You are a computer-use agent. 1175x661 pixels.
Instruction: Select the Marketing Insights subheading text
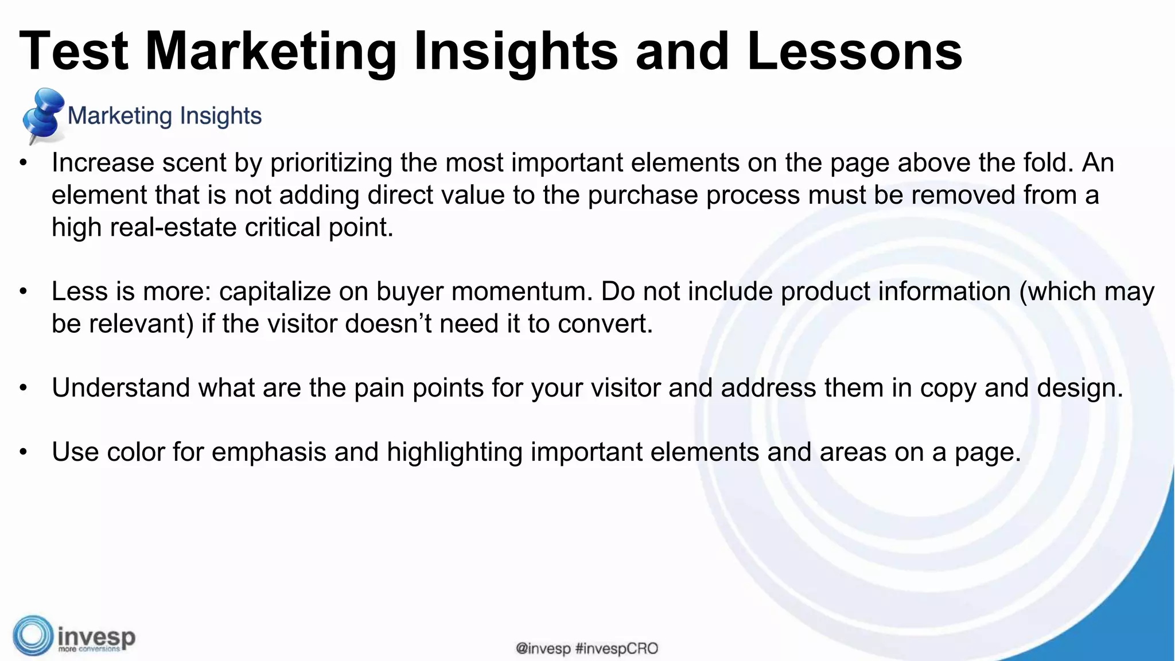(x=165, y=116)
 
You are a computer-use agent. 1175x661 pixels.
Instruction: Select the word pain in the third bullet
(x=379, y=388)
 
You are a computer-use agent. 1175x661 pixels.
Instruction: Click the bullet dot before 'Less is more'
(x=23, y=292)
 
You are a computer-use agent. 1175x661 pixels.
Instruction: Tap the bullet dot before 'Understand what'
(x=23, y=388)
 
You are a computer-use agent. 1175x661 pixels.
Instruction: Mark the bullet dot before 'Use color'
(x=23, y=453)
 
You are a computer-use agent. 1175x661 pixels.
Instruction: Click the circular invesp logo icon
(x=33, y=636)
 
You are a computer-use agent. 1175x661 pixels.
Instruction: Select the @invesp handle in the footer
(x=543, y=649)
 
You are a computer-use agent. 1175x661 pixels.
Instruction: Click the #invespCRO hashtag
(x=617, y=649)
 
